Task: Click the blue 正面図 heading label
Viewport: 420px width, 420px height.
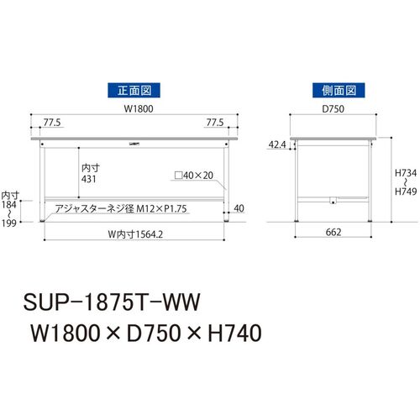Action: pyautogui.click(x=134, y=90)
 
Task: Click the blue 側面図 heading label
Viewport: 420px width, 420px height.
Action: pyautogui.click(x=339, y=90)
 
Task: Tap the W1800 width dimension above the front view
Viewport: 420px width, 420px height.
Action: pyautogui.click(x=139, y=108)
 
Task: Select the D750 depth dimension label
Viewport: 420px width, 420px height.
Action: pyautogui.click(x=333, y=108)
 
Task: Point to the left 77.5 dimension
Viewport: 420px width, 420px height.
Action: pyautogui.click(x=52, y=123)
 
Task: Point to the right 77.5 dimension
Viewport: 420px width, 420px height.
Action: pyautogui.click(x=215, y=123)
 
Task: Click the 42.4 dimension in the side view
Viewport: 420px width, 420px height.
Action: pyautogui.click(x=277, y=144)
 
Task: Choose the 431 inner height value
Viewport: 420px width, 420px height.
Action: pyautogui.click(x=89, y=179)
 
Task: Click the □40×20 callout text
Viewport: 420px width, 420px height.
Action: pyautogui.click(x=194, y=176)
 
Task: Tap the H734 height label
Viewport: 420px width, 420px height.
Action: pyautogui.click(x=406, y=173)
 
